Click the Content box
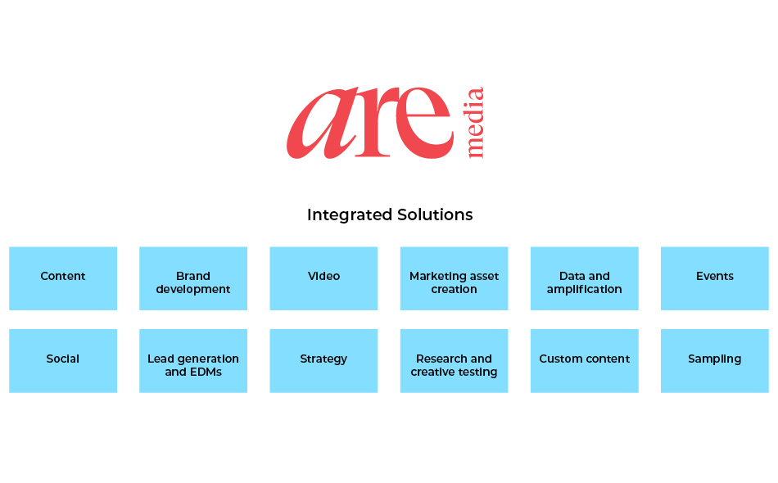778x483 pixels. click(x=63, y=278)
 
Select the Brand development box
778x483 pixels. click(x=193, y=278)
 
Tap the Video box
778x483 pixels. click(x=323, y=278)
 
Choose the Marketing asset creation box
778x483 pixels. click(x=454, y=278)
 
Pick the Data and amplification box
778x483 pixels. click(x=585, y=278)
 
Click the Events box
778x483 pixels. click(x=714, y=278)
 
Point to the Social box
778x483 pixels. click(x=63, y=361)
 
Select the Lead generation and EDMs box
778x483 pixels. click(x=193, y=361)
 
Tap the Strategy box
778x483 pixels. click(x=323, y=361)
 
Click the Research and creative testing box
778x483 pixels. click(x=454, y=361)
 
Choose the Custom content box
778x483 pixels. click(x=585, y=361)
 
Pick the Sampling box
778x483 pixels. click(x=714, y=361)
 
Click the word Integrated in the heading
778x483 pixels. click(x=350, y=215)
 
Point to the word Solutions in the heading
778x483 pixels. click(x=435, y=214)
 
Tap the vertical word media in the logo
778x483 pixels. click(x=475, y=123)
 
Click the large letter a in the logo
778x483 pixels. click(x=323, y=124)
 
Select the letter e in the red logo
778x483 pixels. click(x=423, y=123)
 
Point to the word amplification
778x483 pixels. click(x=585, y=290)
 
